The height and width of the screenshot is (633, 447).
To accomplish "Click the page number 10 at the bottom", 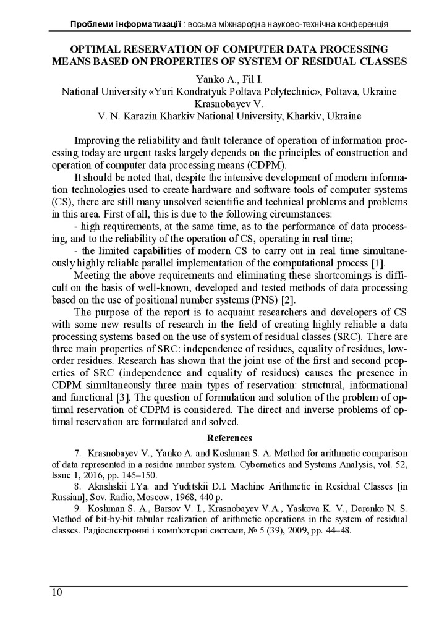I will [x=56, y=593].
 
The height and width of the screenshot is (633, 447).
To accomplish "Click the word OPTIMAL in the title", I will [x=97, y=48].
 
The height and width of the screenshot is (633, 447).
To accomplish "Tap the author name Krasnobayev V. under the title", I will [x=229, y=103].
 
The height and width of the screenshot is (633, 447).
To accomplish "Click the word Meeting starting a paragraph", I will [x=92, y=277].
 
